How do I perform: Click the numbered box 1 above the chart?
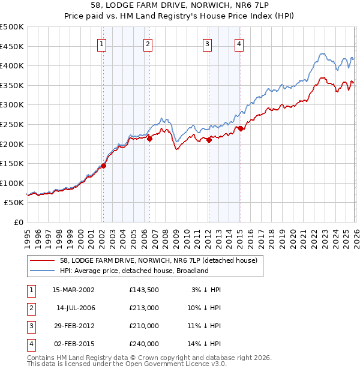pos(102,44)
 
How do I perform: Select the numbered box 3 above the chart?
pos(207,44)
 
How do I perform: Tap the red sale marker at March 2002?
pos(103,166)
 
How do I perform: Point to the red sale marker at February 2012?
pos(209,140)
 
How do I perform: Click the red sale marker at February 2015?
pos(240,128)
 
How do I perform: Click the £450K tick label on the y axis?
pos(12,46)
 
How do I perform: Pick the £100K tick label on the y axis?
pos(12,183)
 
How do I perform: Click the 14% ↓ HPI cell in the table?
pos(206,344)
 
